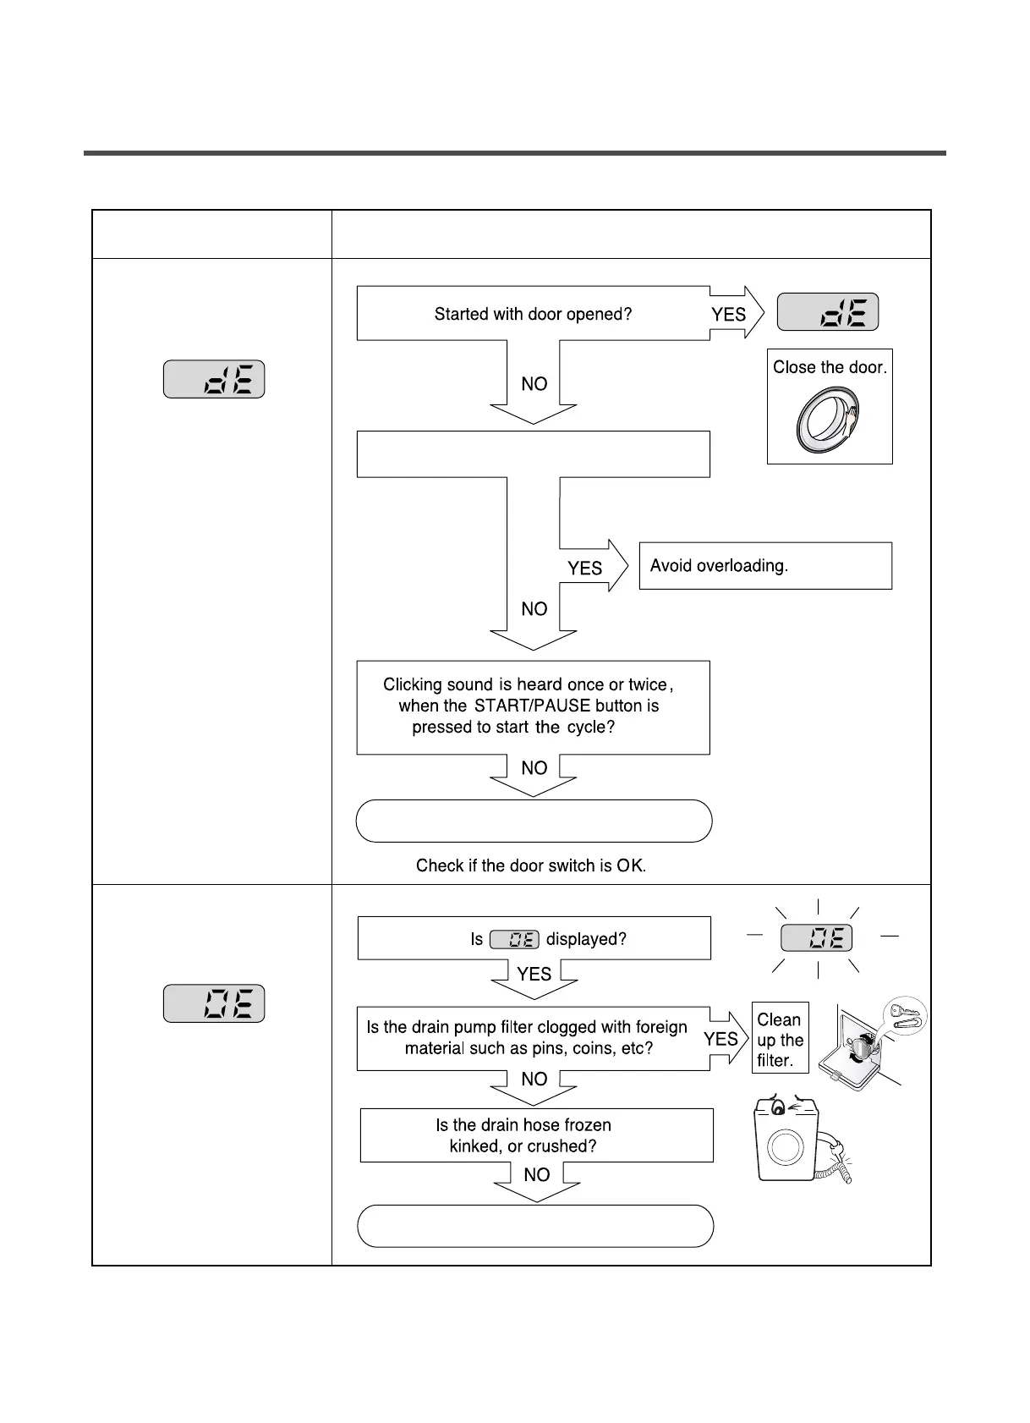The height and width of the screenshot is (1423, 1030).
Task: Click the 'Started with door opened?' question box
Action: (533, 314)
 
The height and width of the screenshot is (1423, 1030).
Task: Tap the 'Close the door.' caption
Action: (830, 367)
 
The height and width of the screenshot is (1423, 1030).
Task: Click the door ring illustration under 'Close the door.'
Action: (828, 420)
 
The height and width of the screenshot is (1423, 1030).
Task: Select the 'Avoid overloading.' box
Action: (765, 566)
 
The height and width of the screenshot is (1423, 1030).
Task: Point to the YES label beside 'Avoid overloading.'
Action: (585, 569)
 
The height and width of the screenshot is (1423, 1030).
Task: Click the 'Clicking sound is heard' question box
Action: (533, 706)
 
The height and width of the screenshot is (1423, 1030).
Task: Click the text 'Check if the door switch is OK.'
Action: (531, 865)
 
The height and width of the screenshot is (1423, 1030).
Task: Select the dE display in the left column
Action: (214, 379)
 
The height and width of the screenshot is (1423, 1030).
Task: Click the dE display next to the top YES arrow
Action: (828, 312)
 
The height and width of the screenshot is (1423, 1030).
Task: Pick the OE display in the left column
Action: (214, 1003)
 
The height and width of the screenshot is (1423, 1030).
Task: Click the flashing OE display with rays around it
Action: (816, 938)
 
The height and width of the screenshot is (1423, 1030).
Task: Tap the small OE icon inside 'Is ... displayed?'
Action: (514, 939)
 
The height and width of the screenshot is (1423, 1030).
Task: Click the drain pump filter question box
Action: (533, 1038)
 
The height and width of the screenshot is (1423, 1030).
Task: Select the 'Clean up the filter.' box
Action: (780, 1040)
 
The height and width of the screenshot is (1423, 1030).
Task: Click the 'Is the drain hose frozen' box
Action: (536, 1135)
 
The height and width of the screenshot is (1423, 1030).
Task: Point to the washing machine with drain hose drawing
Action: (799, 1141)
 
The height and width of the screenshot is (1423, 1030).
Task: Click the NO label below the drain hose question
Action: (537, 1174)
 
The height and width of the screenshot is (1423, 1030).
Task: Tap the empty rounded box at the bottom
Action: (535, 1226)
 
